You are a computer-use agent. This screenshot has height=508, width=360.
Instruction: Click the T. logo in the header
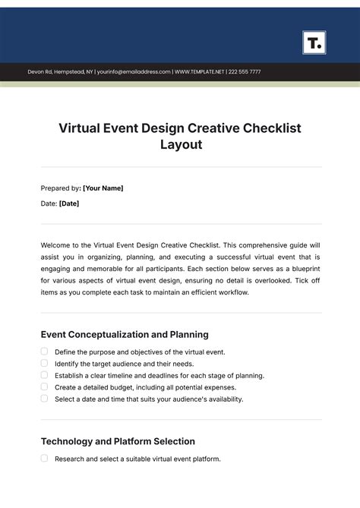(314, 43)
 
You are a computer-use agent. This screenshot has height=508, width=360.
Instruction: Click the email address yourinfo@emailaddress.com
(134, 72)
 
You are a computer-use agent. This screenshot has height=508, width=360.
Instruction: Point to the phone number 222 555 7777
(244, 72)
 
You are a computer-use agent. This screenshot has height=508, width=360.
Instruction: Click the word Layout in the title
(180, 144)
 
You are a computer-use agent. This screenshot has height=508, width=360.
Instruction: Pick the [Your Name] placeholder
(103, 188)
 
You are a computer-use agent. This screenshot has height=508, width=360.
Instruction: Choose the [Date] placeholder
(68, 204)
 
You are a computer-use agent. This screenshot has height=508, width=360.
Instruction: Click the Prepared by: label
(60, 188)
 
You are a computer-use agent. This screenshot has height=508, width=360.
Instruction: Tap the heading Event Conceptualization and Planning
(124, 334)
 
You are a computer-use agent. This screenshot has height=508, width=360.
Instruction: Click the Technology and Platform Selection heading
(118, 441)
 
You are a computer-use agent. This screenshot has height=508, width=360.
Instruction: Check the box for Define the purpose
(44, 352)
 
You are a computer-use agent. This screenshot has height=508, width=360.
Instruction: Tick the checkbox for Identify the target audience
(44, 363)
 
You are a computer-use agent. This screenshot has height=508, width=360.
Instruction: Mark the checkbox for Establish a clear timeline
(44, 375)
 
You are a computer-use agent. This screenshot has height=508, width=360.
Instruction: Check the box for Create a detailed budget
(44, 387)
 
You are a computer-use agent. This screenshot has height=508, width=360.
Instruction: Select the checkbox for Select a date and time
(44, 398)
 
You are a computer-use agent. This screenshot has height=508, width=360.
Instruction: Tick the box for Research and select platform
(44, 459)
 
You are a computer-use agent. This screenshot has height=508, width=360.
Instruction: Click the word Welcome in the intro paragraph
(57, 246)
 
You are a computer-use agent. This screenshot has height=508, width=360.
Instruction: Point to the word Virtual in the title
(82, 128)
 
